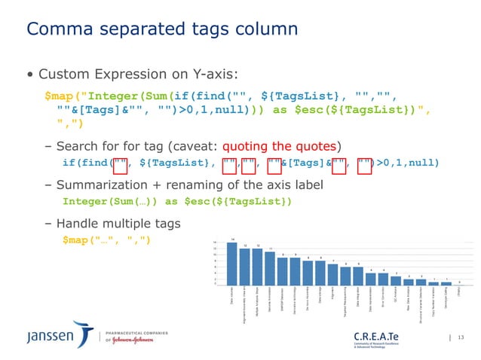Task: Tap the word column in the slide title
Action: (x=261, y=29)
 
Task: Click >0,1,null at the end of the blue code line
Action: (x=407, y=163)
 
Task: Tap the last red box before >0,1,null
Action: (x=365, y=163)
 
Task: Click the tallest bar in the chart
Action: (x=231, y=264)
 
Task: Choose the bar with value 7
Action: (x=333, y=275)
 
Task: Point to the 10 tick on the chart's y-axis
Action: (x=215, y=255)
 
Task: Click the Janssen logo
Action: (x=45, y=334)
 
